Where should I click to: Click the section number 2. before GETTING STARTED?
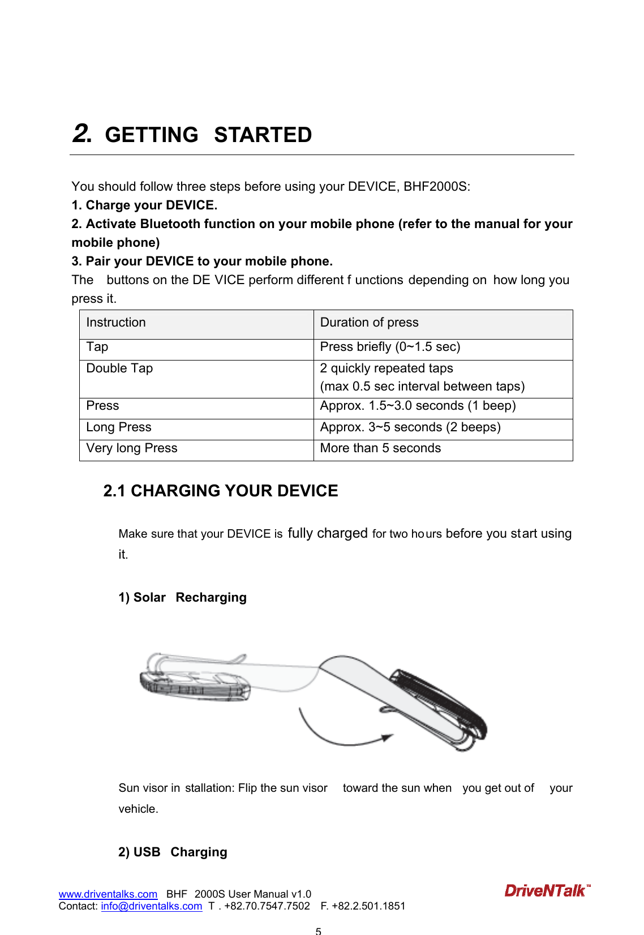pos(82,134)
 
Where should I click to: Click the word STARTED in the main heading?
pos(263,135)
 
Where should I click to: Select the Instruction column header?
pos(116,323)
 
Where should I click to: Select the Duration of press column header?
pos(369,323)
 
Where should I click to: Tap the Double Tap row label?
pos(119,368)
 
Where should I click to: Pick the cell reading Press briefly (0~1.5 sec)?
pos(390,347)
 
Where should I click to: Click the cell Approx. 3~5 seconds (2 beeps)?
pos(410,427)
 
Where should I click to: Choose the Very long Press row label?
pos(132,448)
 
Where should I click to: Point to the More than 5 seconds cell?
pos(380,448)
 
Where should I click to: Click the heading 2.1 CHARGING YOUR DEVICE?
pos(221,491)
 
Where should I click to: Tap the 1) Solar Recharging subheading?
pos(182,598)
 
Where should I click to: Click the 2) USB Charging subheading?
pos(173,852)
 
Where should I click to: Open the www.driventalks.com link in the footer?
pos(108,894)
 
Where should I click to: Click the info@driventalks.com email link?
pos(151,906)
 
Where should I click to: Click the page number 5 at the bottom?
pos(319,930)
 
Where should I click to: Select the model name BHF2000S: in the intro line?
pos(436,187)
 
